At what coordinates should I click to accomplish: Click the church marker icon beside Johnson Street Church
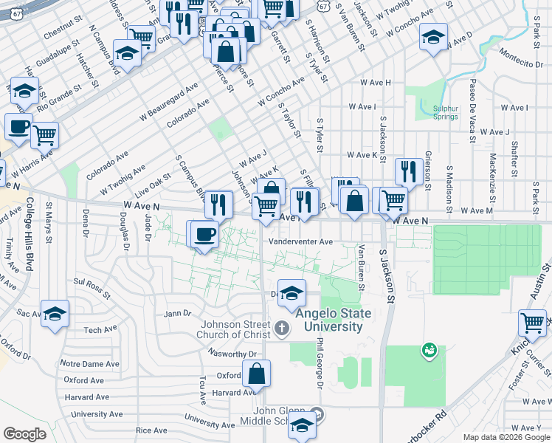[x=281, y=326]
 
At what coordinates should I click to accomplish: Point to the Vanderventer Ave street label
[x=300, y=241]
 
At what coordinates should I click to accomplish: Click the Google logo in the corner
[x=24, y=434]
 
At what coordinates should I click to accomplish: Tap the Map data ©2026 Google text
[x=506, y=437]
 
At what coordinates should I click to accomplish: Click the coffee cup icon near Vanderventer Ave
[x=205, y=234]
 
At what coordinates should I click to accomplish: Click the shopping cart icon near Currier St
[x=532, y=323]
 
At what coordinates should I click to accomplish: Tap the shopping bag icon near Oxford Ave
[x=256, y=374]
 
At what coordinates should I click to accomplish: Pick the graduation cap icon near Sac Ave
[x=55, y=314]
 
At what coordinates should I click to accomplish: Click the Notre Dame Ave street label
[x=89, y=364]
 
